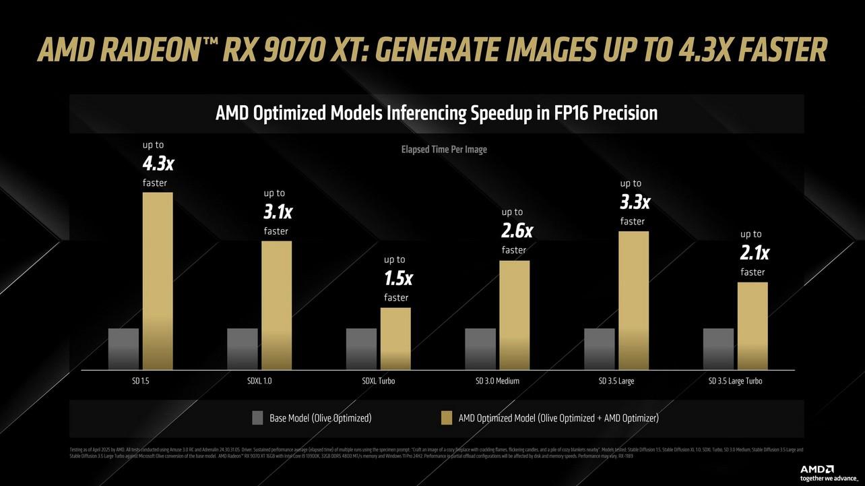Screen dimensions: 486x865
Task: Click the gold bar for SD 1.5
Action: point(158,280)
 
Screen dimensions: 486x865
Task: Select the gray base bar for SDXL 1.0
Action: point(243,348)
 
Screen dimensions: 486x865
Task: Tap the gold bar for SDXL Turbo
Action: point(395,338)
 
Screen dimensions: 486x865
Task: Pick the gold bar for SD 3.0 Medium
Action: point(514,315)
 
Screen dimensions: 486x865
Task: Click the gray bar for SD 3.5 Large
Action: point(599,348)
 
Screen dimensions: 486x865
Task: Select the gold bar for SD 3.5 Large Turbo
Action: point(752,326)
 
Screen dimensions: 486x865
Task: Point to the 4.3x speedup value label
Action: point(159,164)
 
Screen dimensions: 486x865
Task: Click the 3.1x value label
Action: point(278,212)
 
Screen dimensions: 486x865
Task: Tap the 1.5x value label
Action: point(398,278)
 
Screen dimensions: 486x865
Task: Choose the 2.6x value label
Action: point(517,231)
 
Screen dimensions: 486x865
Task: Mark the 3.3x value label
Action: point(635,202)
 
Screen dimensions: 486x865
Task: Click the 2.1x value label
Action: point(754,253)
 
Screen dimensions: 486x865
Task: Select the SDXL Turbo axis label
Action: point(379,381)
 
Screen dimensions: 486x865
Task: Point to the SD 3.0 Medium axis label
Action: point(497,381)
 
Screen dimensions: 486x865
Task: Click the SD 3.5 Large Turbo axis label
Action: point(735,381)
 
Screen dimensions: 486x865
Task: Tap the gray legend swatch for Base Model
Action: point(257,418)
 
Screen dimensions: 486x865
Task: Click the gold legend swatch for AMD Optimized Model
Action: point(446,418)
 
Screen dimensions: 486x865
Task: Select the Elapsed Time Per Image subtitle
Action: point(444,149)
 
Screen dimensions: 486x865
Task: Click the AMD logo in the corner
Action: point(817,469)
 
